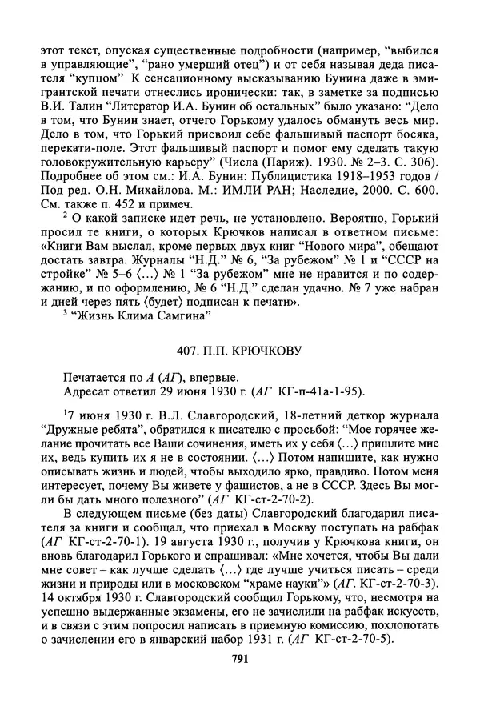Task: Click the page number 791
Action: [x=240, y=682]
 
